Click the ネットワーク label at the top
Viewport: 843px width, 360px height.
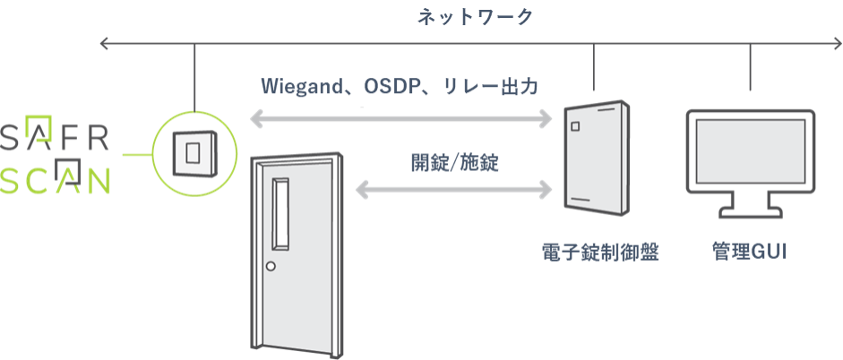click(x=462, y=16)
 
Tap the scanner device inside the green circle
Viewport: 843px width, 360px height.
click(x=193, y=151)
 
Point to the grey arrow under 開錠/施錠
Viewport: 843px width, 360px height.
click(x=454, y=189)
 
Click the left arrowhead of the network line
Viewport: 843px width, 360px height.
click(x=106, y=42)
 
